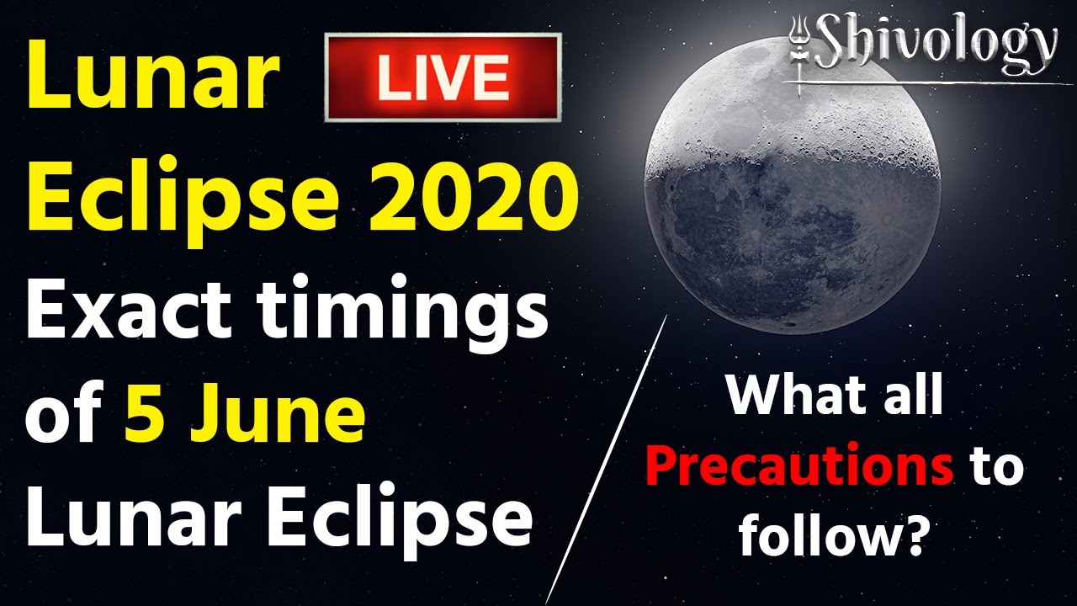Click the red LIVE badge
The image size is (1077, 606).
pyautogui.click(x=443, y=77)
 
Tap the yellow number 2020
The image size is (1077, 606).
pyautogui.click(x=473, y=196)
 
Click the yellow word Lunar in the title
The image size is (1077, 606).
pyautogui.click(x=153, y=75)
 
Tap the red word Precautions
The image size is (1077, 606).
pyautogui.click(x=799, y=467)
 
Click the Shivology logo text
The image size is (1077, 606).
pyautogui.click(x=937, y=42)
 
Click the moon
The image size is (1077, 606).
pyautogui.click(x=792, y=185)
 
